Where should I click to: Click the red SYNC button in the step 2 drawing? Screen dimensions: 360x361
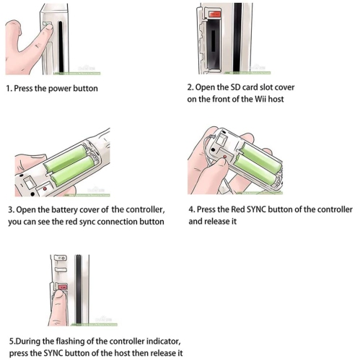tap(215, 14)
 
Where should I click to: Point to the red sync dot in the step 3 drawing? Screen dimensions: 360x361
tap(45, 189)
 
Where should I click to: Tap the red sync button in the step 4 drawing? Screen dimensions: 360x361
tap(225, 157)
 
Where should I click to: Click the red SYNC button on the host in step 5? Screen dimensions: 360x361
tap(63, 287)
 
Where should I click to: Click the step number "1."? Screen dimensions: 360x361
tap(9, 89)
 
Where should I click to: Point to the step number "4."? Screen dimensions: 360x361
tap(192, 209)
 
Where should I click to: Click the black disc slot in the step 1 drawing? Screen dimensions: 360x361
tap(61, 46)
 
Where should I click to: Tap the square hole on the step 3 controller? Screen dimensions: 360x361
tap(30, 183)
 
